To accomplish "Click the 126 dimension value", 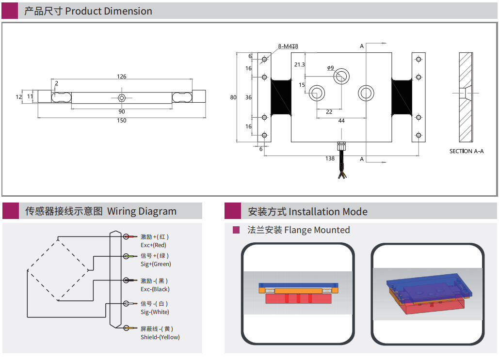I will (121, 77).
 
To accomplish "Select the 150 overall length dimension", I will (121, 121).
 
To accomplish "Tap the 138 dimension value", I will (330, 158).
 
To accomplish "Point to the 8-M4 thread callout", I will (288, 47).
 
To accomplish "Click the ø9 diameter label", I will (330, 68).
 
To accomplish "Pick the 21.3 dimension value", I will (299, 65).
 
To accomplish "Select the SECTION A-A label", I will (466, 151).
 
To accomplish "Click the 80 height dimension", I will (233, 97).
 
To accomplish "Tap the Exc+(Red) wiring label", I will (153, 245).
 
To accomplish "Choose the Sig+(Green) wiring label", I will (156, 264).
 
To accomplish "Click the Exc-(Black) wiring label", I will (155, 289).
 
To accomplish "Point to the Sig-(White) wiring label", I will (155, 312).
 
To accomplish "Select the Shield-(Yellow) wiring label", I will (160, 337).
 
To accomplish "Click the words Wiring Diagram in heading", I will (142, 211).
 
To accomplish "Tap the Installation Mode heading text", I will (328, 212).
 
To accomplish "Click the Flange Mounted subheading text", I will (317, 230).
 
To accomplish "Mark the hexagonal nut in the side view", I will (122, 97).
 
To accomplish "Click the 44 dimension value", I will (341, 121).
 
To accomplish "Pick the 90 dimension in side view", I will (122, 111).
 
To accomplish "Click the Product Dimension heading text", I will (109, 11).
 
